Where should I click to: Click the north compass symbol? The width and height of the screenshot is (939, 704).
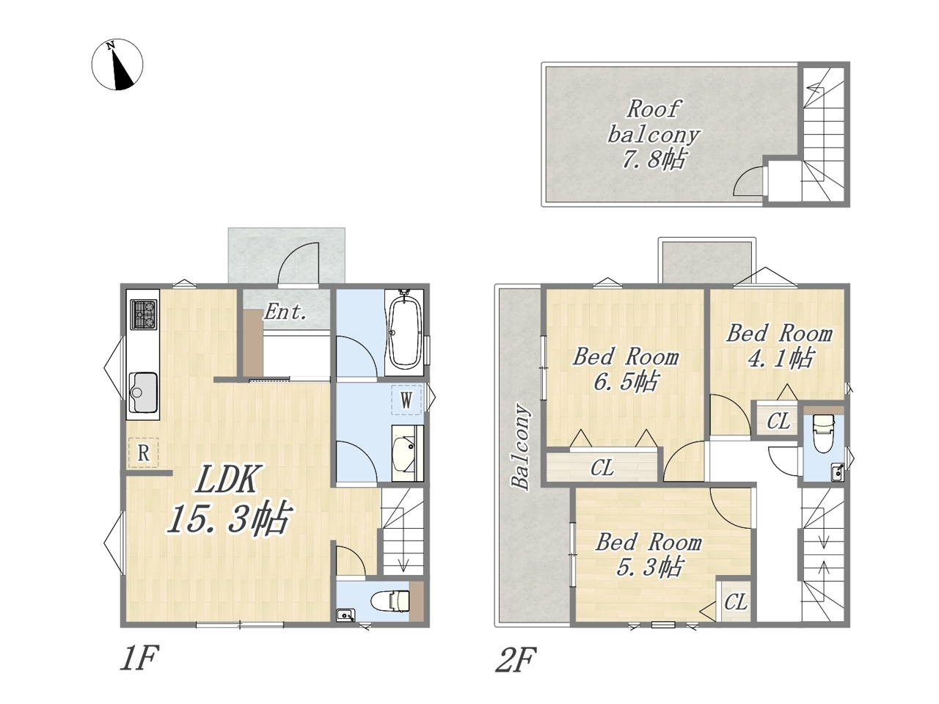[x=117, y=64]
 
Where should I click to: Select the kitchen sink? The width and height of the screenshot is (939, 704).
[x=143, y=392]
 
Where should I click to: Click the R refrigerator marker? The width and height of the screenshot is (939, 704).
[x=143, y=452]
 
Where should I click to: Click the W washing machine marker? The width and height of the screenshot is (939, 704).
[x=406, y=400]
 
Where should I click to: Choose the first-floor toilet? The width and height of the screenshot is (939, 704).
[x=390, y=601]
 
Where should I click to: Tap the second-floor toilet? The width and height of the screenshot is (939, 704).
[x=824, y=433]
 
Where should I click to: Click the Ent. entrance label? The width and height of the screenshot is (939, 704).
[x=285, y=312]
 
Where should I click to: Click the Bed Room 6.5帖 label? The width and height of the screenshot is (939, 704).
[x=626, y=370]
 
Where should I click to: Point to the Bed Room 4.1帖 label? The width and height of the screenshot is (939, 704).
[x=779, y=346]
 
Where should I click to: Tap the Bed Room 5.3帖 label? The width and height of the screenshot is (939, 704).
[x=649, y=555]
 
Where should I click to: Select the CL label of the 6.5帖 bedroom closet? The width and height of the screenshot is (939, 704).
[x=602, y=468]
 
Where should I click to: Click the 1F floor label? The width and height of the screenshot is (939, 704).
[x=139, y=659]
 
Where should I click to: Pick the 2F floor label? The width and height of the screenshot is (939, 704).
[x=516, y=660]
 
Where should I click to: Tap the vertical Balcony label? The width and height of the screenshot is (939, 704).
[x=521, y=447]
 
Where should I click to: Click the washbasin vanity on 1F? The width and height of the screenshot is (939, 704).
[x=408, y=453]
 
